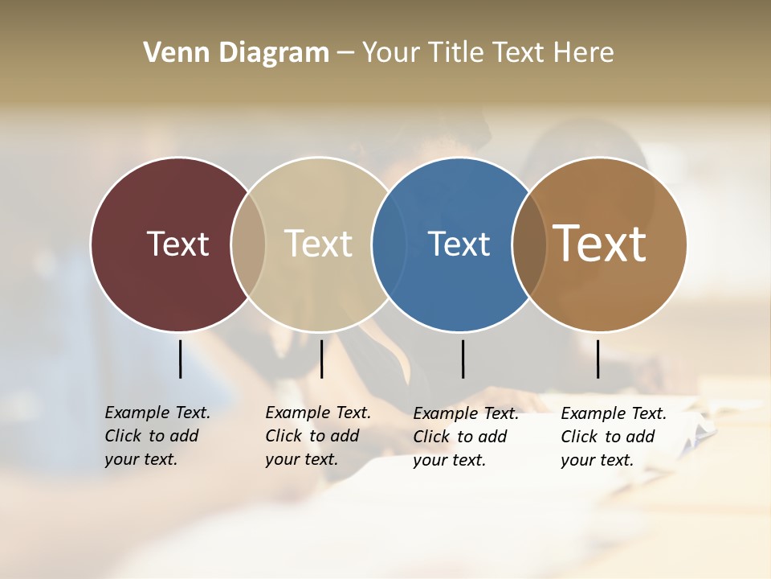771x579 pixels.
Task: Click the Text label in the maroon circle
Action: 177,244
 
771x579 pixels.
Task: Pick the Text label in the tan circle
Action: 319,244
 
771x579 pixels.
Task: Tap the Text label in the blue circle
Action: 459,244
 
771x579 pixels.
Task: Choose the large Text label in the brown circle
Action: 600,244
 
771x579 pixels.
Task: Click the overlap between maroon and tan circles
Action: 248,244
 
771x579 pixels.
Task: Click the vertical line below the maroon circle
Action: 181,359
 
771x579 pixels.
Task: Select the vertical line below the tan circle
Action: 321,359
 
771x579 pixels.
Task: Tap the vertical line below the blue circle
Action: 463,359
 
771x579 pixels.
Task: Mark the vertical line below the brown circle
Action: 598,359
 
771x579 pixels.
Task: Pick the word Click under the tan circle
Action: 284,437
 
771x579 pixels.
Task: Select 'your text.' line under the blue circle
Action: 449,461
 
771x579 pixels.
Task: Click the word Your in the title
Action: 390,53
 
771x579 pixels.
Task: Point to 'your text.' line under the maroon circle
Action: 141,460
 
